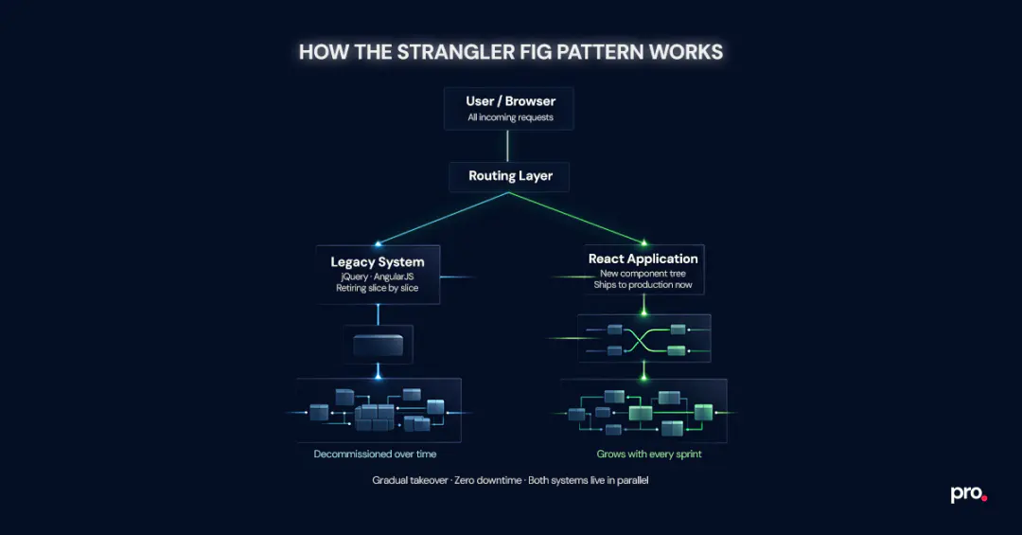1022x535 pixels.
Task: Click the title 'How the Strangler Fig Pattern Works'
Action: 511,51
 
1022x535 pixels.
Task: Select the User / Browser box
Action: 510,108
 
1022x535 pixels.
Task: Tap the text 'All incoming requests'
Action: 510,118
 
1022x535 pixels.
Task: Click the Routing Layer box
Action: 510,176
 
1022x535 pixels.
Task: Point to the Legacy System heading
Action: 377,262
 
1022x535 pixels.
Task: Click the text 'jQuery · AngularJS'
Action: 377,276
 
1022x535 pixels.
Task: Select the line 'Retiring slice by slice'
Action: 377,288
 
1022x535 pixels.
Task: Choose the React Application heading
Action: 643,259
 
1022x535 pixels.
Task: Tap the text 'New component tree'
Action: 643,273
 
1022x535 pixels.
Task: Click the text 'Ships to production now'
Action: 643,285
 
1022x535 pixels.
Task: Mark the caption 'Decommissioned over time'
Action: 375,455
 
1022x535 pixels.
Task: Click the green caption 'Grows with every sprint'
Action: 649,455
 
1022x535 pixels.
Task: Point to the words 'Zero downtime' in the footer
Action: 487,481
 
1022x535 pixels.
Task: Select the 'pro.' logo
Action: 968,494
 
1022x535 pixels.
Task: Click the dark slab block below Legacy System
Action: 378,345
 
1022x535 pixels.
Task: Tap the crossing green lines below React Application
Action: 644,340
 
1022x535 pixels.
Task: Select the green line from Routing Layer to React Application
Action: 577,218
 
